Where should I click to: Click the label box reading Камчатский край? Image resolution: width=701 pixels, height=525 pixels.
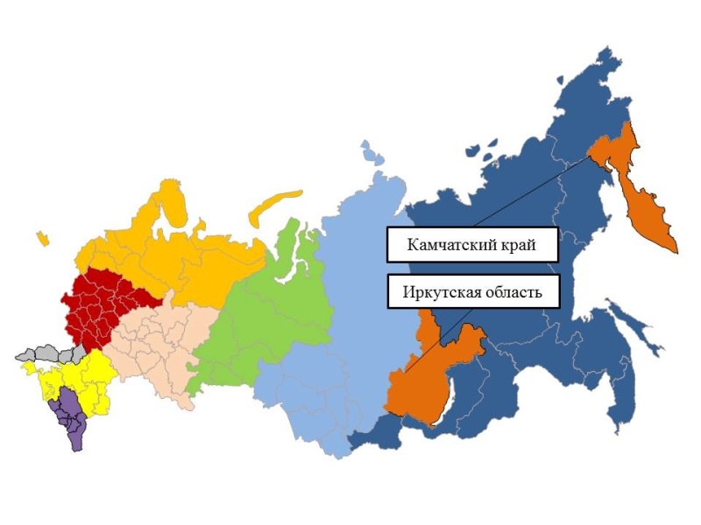[x=472, y=244]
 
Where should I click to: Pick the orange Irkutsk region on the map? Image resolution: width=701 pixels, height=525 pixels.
[x=429, y=376]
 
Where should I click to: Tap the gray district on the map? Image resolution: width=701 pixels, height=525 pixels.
[x=48, y=354]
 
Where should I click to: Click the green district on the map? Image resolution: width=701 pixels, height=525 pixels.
[x=254, y=306]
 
